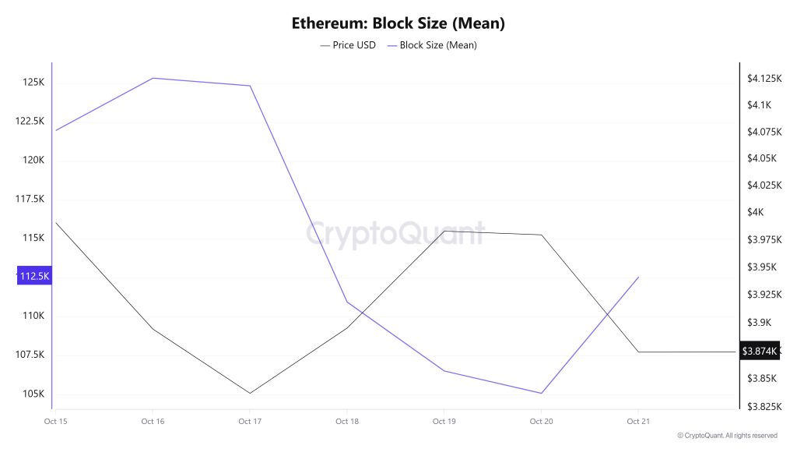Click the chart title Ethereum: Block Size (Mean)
[x=398, y=23]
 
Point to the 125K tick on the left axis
[x=33, y=82]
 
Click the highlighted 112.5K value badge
[x=33, y=276]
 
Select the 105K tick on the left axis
[x=33, y=394]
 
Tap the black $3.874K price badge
[x=759, y=352]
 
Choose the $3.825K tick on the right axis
[x=762, y=406]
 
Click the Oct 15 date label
[x=55, y=422]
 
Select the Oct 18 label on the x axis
[x=346, y=422]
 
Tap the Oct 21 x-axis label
[x=637, y=422]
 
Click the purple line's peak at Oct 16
[x=153, y=78]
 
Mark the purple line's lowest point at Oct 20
[x=541, y=393]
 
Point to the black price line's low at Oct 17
[x=250, y=393]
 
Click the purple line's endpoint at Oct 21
[x=638, y=277]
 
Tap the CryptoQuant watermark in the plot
[x=395, y=233]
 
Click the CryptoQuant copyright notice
[x=727, y=436]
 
